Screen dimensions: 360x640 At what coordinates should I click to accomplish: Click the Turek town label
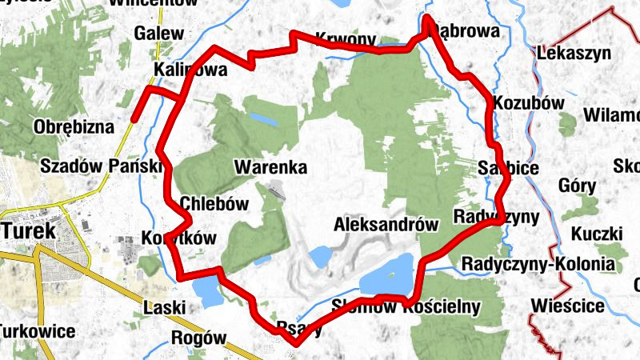(29, 230)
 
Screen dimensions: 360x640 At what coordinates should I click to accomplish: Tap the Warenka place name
(270, 168)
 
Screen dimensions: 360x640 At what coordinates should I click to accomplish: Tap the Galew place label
(159, 34)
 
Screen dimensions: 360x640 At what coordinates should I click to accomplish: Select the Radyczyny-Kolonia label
(538, 265)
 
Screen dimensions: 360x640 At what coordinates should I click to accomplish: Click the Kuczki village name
(597, 234)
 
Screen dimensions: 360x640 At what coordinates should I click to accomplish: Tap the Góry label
(578, 186)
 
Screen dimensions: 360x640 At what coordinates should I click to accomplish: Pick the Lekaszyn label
(575, 54)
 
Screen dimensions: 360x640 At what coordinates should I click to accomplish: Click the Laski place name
(164, 306)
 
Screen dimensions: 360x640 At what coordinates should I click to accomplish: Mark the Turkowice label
(36, 331)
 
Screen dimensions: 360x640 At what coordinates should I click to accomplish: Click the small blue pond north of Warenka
(262, 119)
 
